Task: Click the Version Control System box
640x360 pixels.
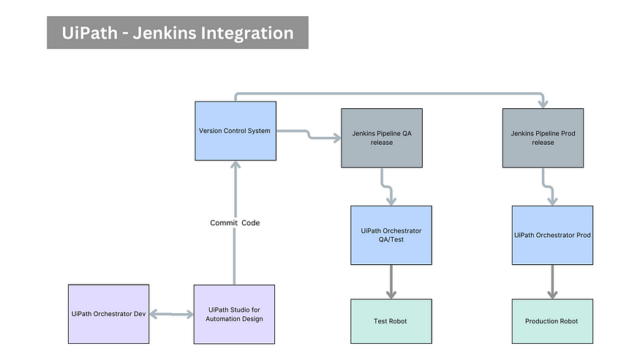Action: (235, 131)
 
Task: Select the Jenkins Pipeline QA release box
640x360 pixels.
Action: (382, 138)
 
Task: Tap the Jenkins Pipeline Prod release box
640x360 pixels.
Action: (543, 138)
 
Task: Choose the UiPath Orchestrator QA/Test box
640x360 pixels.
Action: (391, 235)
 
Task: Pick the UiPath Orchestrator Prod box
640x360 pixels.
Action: (552, 235)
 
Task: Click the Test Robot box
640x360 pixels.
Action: (391, 321)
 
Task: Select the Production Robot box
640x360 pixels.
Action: (552, 321)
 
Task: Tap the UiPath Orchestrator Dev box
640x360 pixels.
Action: (108, 314)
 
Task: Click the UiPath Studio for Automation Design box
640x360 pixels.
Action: (235, 314)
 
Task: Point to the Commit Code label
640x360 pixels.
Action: (235, 222)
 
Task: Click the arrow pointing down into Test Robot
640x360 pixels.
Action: (391, 282)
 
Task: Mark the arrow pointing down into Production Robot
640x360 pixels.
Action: (552, 282)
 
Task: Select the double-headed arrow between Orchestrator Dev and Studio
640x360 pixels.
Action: (171, 314)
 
